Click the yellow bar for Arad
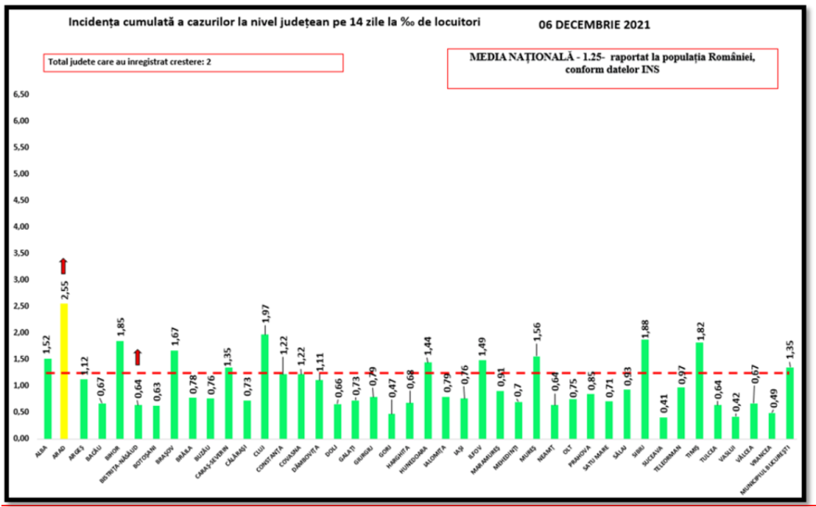point(64,371)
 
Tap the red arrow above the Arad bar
point(63,267)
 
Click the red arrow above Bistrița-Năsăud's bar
point(136,357)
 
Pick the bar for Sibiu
point(644,389)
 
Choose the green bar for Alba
point(46,399)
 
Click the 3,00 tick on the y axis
point(22,279)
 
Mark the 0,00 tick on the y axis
point(22,437)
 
